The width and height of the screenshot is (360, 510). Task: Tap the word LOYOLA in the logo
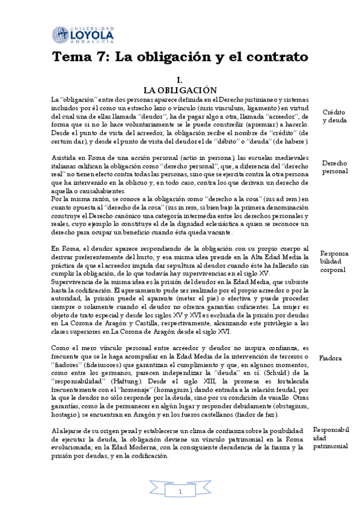[92, 35]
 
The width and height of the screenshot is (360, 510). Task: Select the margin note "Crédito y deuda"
[334, 116]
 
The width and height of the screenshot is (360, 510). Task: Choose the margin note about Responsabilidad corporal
[334, 262]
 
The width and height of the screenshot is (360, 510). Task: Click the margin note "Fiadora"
[331, 358]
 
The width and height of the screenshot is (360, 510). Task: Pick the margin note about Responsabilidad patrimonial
[331, 438]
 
